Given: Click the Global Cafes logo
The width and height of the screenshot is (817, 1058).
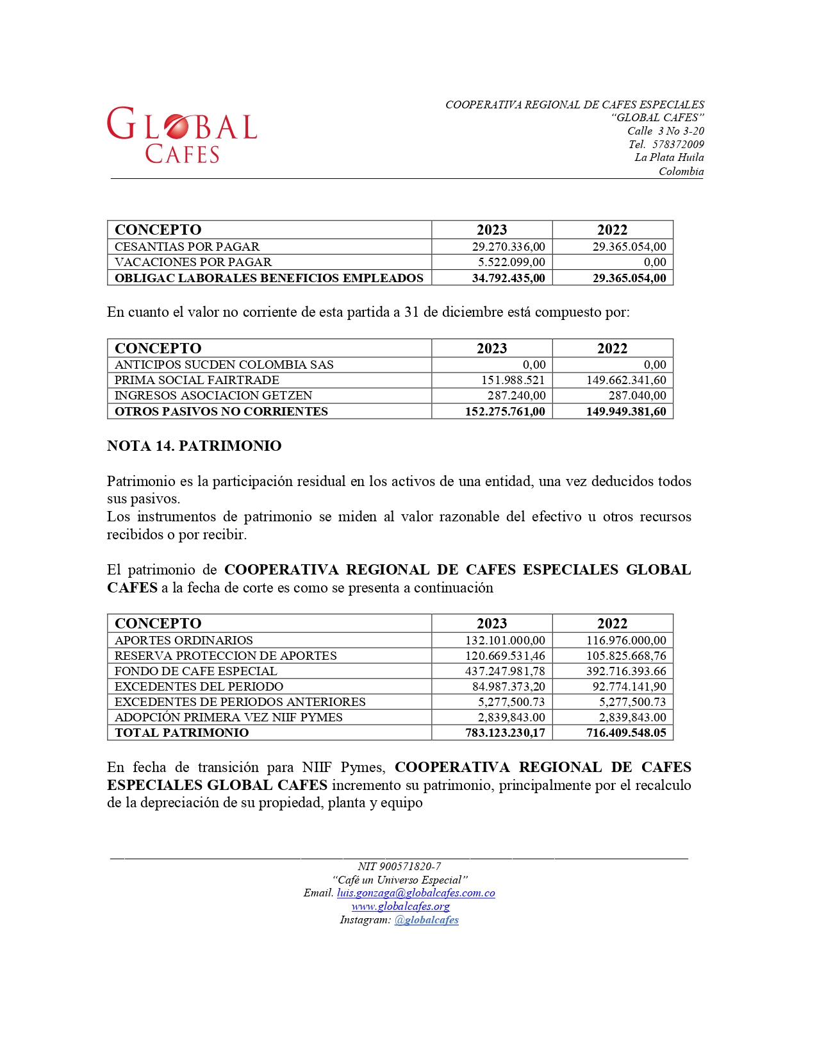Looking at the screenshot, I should pos(182,135).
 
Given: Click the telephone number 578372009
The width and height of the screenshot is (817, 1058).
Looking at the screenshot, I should pos(678,144).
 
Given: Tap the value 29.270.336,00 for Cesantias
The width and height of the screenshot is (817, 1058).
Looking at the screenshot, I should pos(508,247).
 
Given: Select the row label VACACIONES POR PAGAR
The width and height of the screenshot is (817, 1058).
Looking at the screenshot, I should pos(193,262).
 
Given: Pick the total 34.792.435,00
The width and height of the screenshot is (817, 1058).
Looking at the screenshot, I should pos(508,278).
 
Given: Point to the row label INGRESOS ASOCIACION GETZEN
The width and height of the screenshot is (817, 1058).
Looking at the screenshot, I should pos(213,396).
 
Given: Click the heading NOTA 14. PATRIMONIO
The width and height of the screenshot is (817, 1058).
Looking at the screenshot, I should pos(194,446).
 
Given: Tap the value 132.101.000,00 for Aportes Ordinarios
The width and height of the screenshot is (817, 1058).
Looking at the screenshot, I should pos(505,641).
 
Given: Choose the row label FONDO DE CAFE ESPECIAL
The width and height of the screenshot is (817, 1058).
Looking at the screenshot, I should pos(195,671).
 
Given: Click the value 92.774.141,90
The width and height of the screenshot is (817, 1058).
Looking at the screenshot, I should pos(629,687).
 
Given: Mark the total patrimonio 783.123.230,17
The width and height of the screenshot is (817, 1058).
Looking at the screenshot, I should pos(505,733).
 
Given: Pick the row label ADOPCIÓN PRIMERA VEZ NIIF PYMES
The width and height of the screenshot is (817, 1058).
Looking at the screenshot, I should pos(228,718).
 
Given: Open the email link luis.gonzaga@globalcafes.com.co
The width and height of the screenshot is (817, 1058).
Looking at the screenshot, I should pos(416,893).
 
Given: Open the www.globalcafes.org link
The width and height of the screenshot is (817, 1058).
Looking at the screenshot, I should pos(400,907).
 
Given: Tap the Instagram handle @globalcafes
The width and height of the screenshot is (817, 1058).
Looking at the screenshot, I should pos(426,920).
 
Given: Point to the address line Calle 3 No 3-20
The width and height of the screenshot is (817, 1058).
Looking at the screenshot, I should pos(665,131).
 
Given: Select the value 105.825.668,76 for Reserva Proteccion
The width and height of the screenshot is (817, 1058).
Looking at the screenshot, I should pos(625,656).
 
